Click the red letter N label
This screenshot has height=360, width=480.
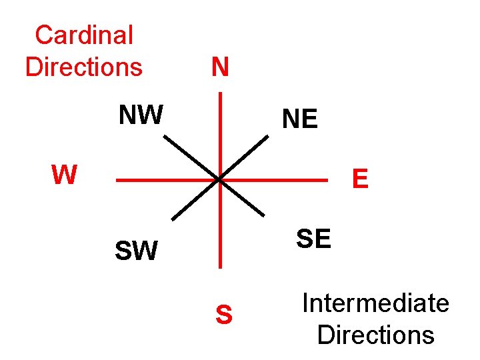[220, 67]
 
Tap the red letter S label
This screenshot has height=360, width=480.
[225, 315]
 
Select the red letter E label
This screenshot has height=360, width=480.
[360, 179]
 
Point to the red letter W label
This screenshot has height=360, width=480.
[64, 175]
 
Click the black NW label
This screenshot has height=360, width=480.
[141, 115]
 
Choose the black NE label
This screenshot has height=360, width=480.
[300, 119]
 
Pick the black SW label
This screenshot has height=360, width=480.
[136, 251]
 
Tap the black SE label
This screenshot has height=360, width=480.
[313, 238]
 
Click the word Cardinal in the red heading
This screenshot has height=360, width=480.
[84, 35]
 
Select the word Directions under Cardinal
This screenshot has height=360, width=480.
[84, 67]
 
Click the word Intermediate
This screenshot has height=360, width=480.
[375, 303]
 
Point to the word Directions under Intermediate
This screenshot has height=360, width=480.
[375, 334]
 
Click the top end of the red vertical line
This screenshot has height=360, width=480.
[220, 93]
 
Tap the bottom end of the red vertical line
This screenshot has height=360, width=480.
[220, 266]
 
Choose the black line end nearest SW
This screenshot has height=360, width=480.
[173, 219]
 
